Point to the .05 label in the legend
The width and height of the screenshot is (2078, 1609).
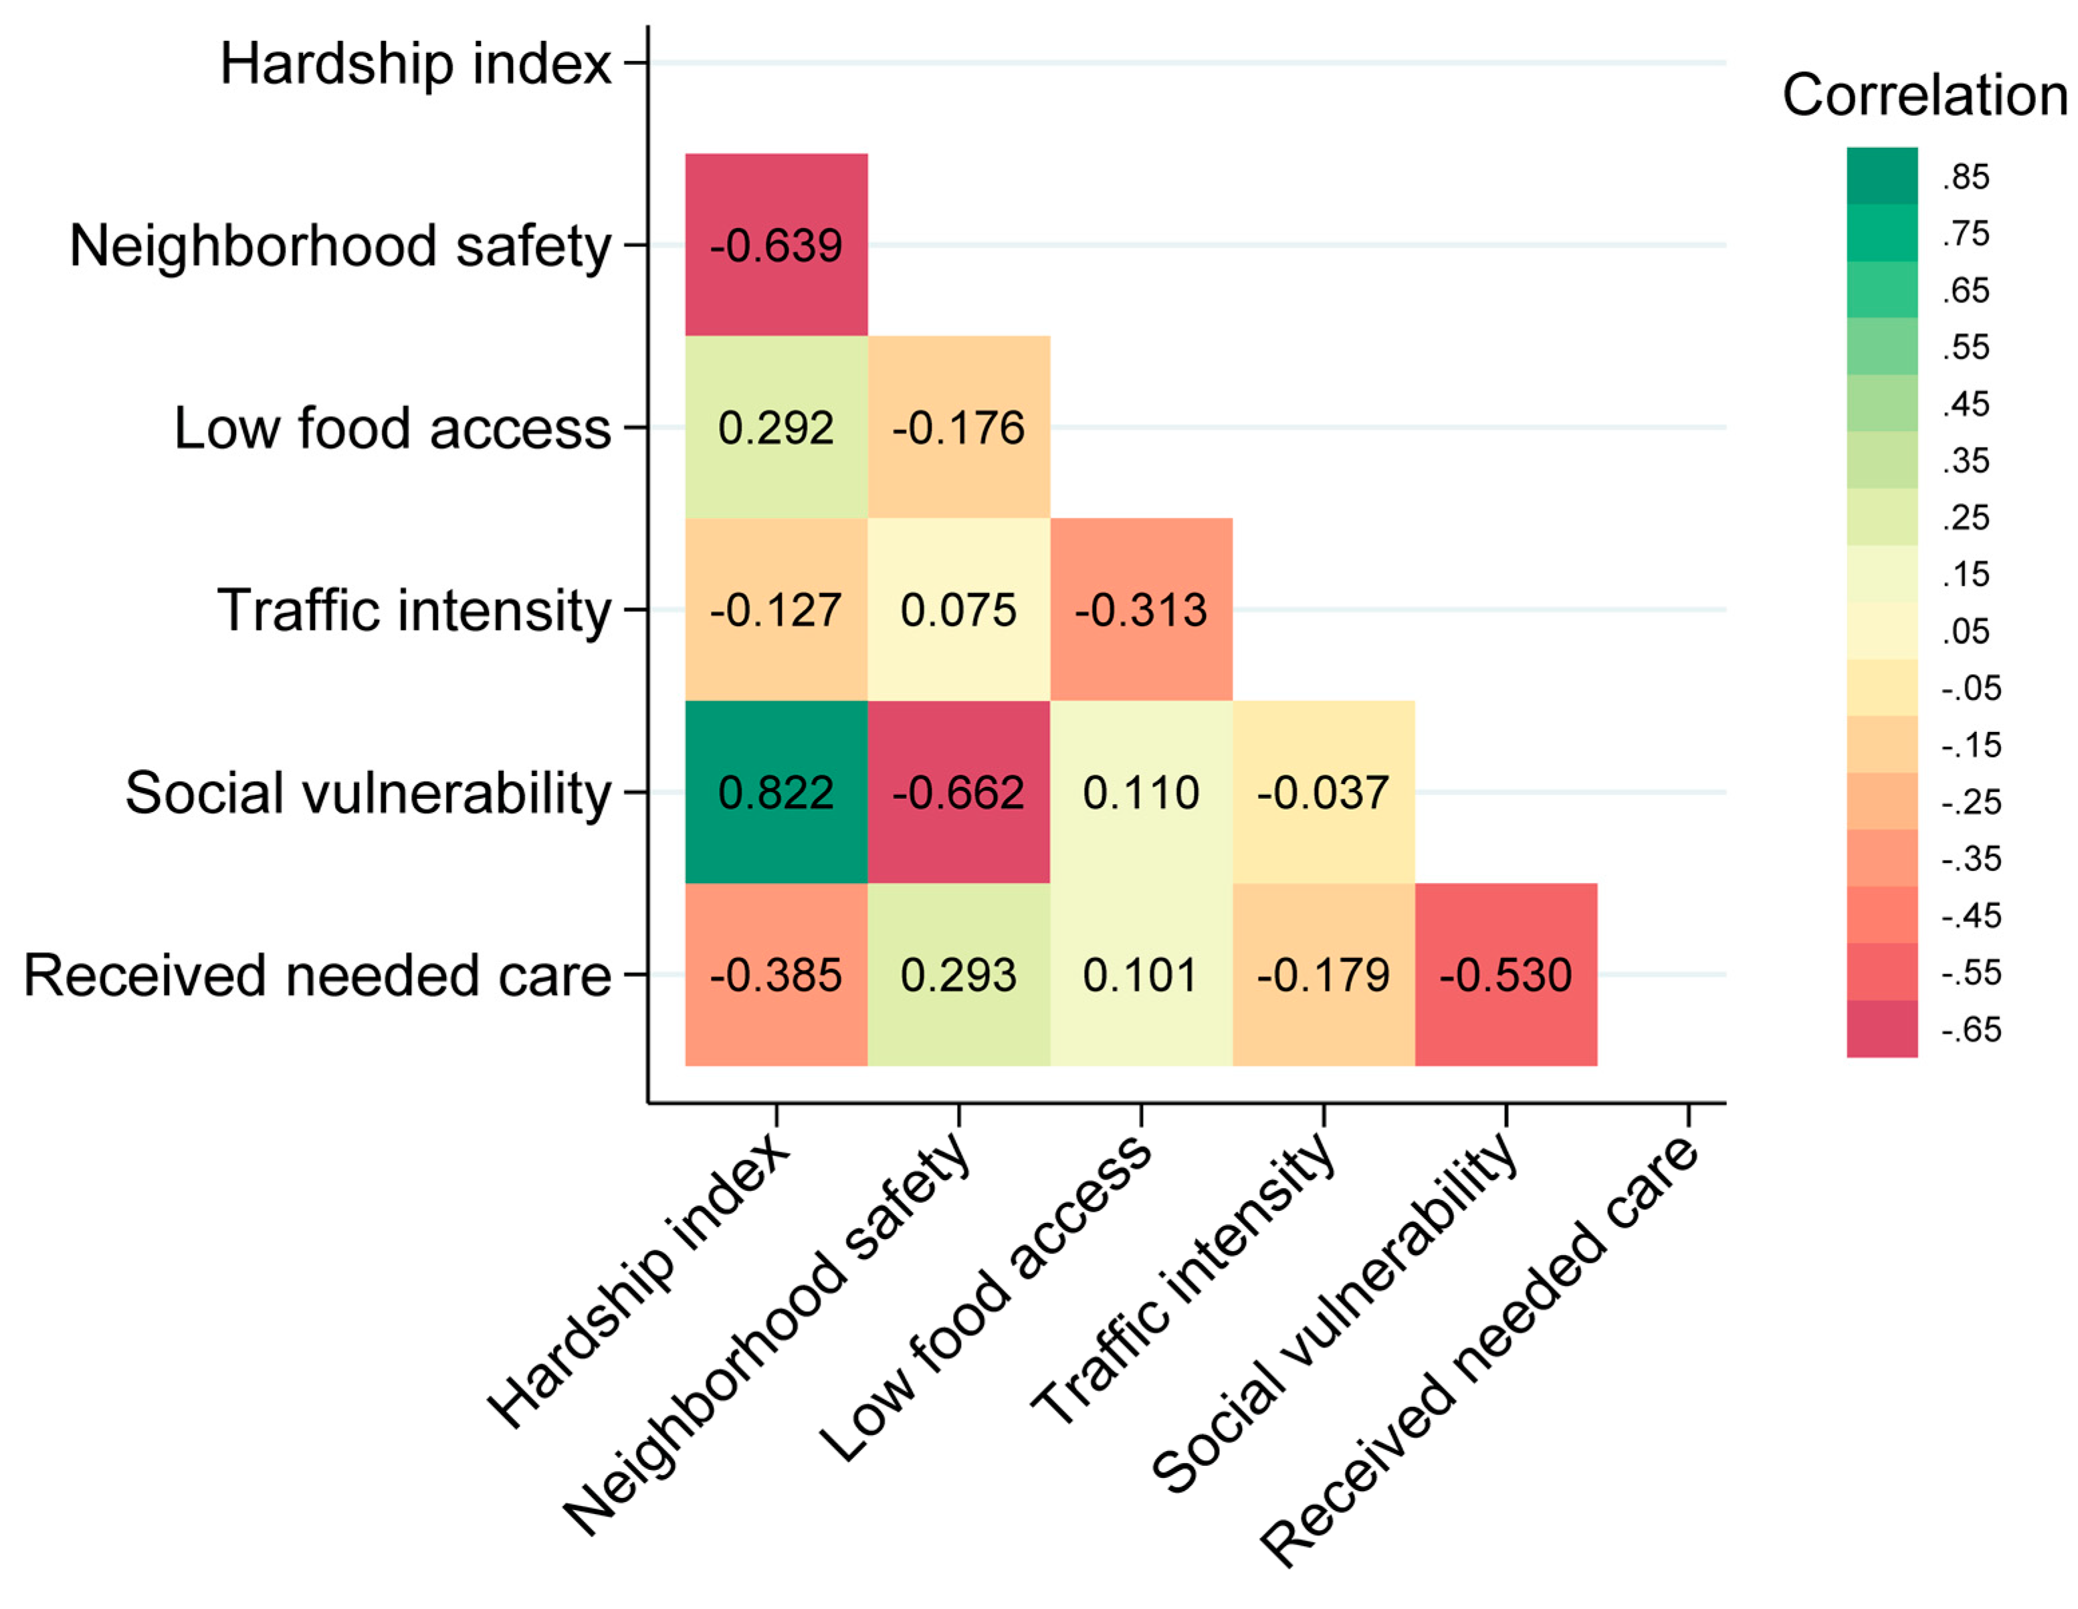coord(1966,632)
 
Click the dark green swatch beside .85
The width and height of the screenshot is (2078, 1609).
coord(1881,176)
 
